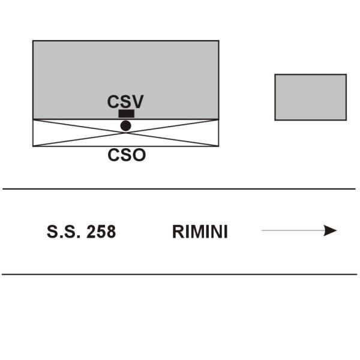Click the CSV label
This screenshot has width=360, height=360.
[125, 101]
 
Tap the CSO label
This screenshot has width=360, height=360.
[127, 155]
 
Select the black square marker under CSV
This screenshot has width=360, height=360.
[126, 113]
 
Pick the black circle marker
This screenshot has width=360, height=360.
[126, 126]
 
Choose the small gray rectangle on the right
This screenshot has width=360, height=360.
[311, 97]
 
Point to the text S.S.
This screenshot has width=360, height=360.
[64, 232]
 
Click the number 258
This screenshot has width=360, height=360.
[101, 232]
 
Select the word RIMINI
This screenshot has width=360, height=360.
[200, 232]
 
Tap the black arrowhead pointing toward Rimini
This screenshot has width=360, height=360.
[330, 230]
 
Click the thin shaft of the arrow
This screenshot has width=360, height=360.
[293, 230]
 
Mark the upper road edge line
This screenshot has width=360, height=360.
[179, 189]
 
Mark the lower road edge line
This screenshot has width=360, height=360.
[179, 274]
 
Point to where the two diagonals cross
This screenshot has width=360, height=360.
[126, 133]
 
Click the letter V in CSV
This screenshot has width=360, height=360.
[137, 101]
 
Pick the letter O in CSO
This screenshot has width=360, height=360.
[139, 155]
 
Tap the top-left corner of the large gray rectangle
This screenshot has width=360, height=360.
[33, 41]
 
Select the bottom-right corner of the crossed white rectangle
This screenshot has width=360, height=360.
[218, 146]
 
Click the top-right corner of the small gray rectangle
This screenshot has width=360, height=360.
[346, 74]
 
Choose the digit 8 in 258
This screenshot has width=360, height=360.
[112, 232]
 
